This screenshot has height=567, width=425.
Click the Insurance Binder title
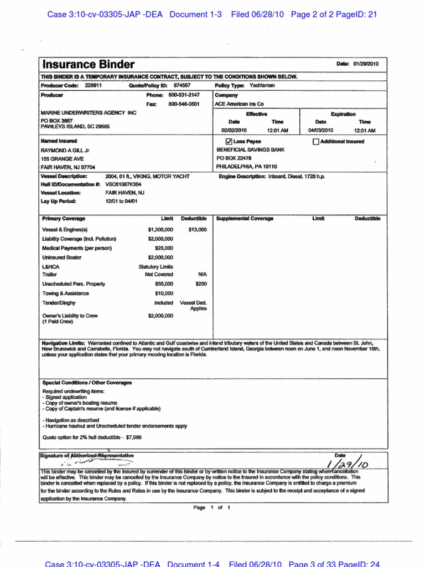[89, 65]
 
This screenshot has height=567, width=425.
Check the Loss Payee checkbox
[229, 142]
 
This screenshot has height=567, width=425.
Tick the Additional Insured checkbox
[316, 142]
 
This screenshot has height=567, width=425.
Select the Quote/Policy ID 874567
[182, 86]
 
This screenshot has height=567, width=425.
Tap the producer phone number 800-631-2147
[184, 95]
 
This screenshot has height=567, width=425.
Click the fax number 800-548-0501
[184, 104]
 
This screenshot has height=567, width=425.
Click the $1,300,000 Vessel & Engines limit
[160, 229]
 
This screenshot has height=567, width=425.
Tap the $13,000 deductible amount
[197, 229]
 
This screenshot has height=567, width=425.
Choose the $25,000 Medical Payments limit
[164, 248]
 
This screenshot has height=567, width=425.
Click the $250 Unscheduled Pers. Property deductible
[201, 283]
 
